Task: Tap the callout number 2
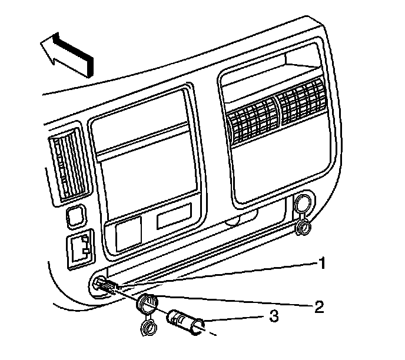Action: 318,306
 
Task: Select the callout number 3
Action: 273,316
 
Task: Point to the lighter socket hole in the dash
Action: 101,286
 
